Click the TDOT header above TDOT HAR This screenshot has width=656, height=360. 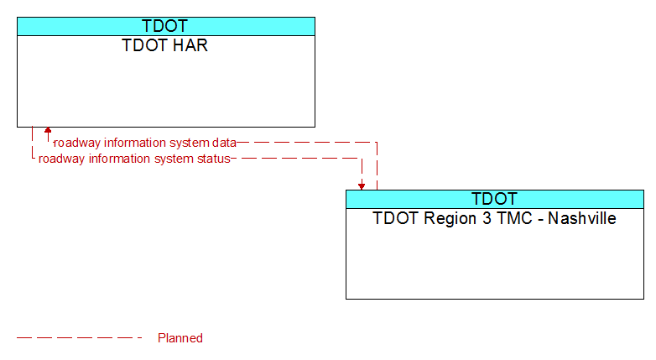pos(164,26)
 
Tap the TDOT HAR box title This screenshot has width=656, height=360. pos(164,45)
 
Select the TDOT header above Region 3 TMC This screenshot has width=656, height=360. pos(494,199)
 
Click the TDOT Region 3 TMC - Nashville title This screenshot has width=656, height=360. pos(494,218)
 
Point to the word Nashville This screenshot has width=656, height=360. pos(582,218)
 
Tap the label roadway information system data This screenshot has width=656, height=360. pos(145,143)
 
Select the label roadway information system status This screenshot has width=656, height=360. pos(134,159)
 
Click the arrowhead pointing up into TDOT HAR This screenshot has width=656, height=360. pos(48,130)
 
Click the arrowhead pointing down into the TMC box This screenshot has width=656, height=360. pos(362,186)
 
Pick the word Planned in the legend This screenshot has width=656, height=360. pos(180,338)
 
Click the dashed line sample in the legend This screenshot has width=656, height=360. pos(80,338)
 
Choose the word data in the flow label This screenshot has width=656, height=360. pos(224,143)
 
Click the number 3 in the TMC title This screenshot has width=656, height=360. pos(487,218)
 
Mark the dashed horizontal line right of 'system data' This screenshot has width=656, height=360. pos(307,143)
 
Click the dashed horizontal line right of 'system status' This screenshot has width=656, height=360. pos(296,159)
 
